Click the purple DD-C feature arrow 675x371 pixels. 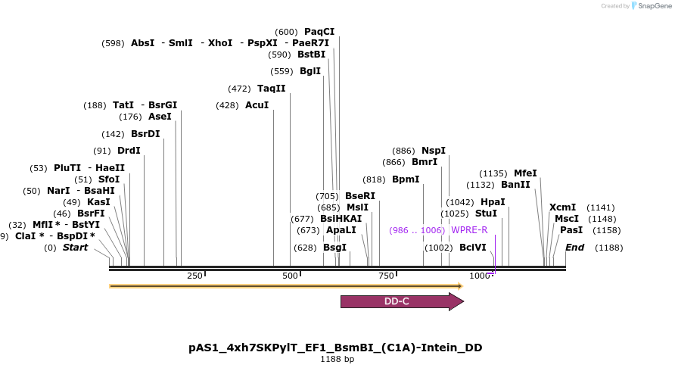[401, 301]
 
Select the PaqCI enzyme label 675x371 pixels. [319, 32]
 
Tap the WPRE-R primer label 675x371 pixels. [469, 230]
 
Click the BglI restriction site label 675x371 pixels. [310, 71]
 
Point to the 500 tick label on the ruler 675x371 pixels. [290, 276]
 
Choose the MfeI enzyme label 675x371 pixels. [525, 173]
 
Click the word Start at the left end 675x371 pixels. [75, 248]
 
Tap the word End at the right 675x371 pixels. [574, 248]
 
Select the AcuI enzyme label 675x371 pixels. [257, 105]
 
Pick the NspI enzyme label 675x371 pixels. [434, 151]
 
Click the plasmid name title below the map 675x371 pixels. [335, 348]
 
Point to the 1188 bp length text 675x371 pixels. [337, 360]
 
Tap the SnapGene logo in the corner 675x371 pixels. [652, 6]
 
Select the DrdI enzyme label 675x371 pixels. [129, 151]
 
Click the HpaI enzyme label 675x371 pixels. [493, 202]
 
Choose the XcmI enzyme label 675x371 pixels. [562, 207]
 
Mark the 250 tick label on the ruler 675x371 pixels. [194, 276]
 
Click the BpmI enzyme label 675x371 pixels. [406, 179]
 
